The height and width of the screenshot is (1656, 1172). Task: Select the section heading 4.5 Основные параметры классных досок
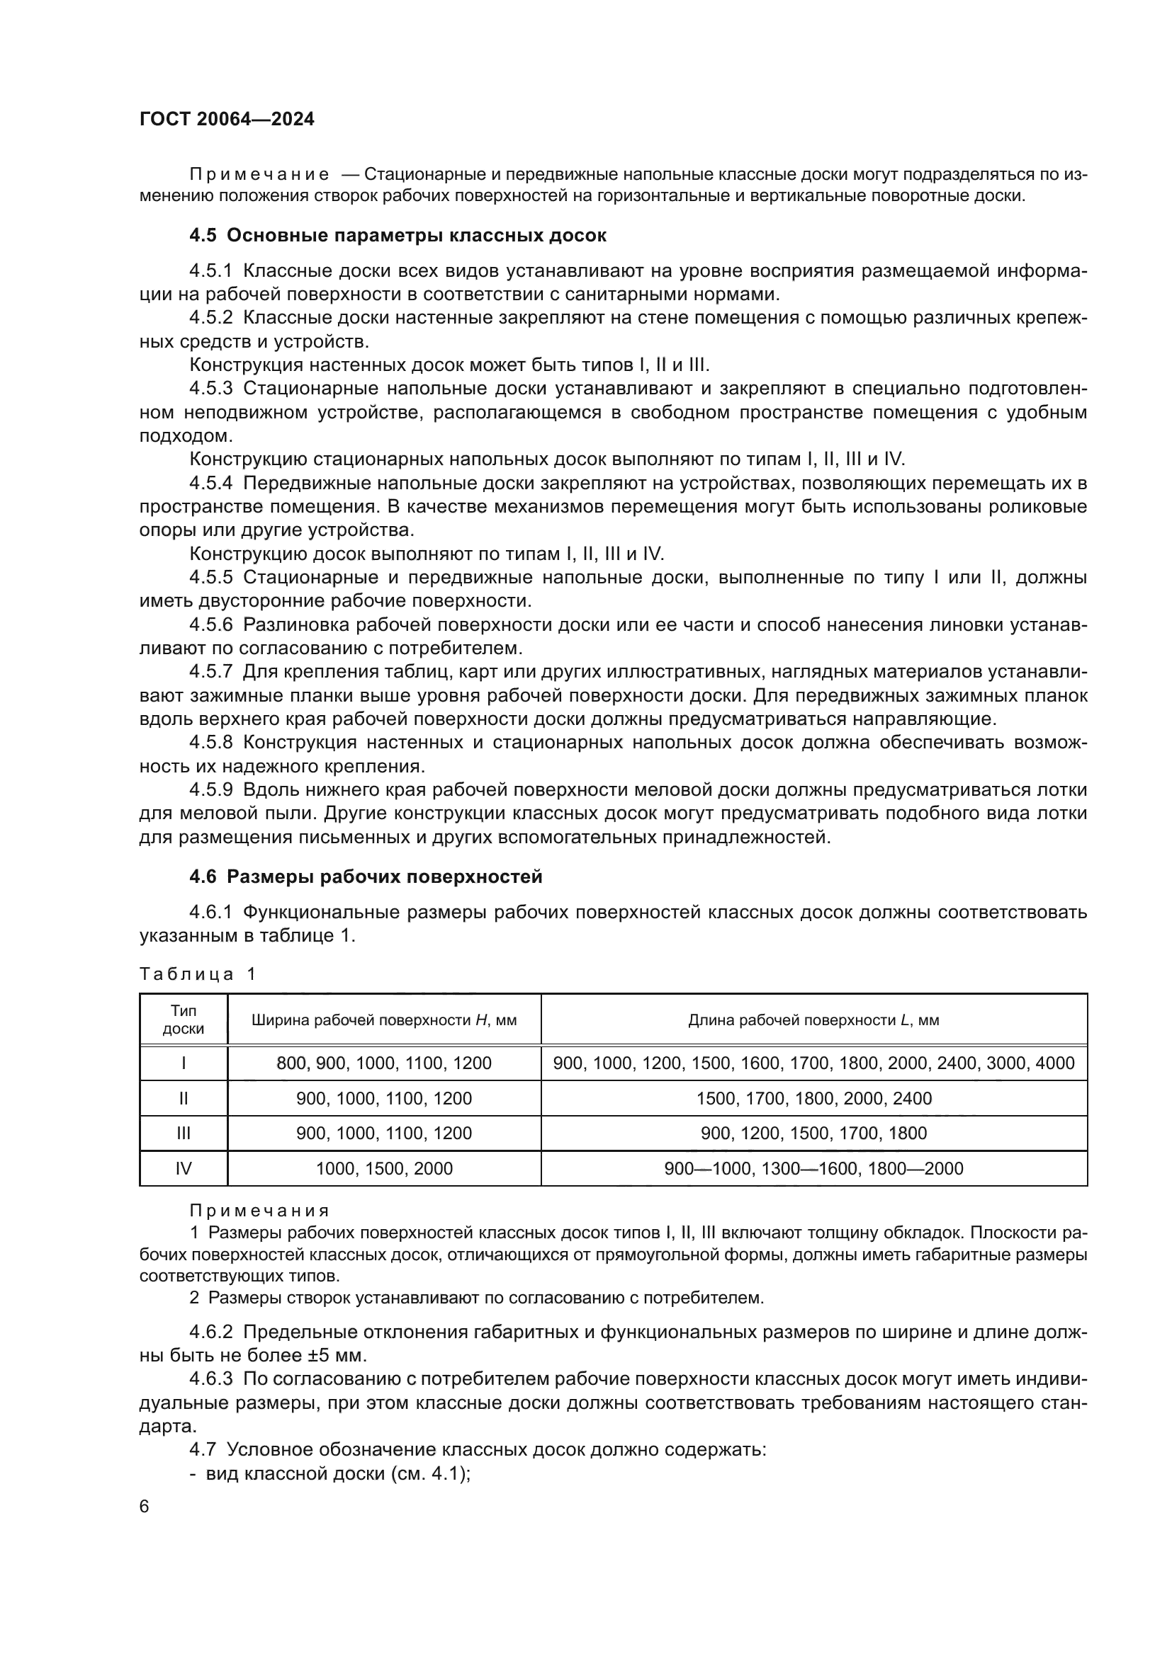tap(398, 236)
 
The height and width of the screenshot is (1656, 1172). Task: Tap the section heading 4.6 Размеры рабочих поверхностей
tap(365, 877)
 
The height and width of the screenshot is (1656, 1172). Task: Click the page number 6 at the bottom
tap(145, 1507)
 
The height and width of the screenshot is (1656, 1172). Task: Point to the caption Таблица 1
tap(197, 974)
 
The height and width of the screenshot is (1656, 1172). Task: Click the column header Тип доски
tap(184, 1020)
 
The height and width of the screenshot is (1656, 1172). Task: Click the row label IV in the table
tap(184, 1168)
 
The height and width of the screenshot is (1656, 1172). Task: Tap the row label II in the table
tap(184, 1099)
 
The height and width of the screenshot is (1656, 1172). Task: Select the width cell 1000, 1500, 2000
tap(384, 1168)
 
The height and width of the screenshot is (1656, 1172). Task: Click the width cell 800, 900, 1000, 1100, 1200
tap(384, 1063)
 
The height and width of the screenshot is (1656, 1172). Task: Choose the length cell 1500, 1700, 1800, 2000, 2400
tap(813, 1099)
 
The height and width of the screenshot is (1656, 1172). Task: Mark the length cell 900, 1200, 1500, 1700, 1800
tap(813, 1133)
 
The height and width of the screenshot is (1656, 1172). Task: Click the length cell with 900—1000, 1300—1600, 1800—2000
tap(813, 1168)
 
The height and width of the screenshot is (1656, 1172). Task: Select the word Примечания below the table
tap(259, 1211)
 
